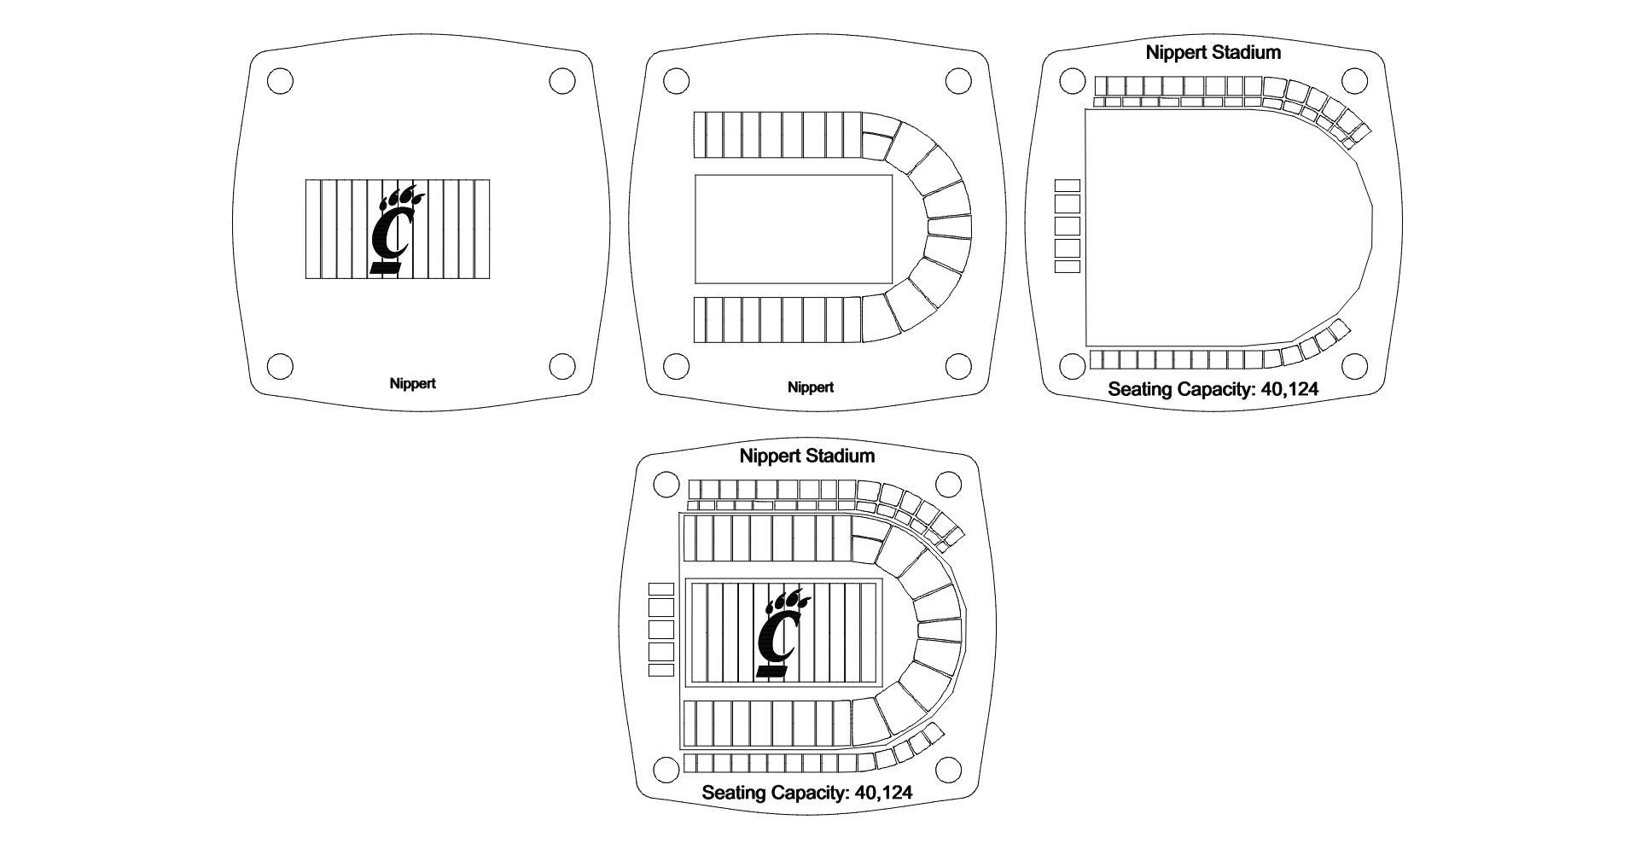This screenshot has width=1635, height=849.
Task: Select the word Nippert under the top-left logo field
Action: (412, 383)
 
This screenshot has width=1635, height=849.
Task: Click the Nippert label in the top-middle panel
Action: (810, 387)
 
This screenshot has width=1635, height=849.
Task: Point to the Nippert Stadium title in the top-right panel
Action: (1213, 52)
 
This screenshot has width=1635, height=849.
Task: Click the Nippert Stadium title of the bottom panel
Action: (807, 456)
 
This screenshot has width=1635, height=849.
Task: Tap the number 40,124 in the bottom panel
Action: (882, 793)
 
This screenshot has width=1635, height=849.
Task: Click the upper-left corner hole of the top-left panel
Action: (280, 81)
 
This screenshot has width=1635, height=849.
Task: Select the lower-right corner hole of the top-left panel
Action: (561, 366)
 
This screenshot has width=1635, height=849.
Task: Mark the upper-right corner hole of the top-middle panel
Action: (958, 81)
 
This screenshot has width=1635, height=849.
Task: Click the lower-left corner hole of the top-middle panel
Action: (675, 366)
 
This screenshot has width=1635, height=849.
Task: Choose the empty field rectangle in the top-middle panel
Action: (794, 229)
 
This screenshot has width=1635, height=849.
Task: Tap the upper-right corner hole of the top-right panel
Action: (1354, 81)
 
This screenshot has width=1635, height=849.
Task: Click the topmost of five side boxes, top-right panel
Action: (1068, 185)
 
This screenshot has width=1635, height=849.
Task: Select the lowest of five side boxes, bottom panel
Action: (661, 671)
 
